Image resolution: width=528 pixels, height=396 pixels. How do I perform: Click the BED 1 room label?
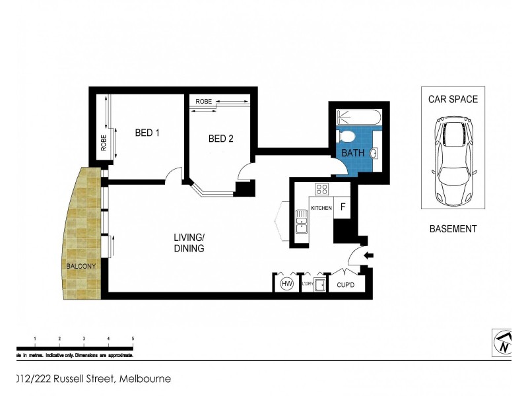pyautogui.click(x=147, y=133)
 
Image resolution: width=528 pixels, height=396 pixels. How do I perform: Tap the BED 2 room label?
pyautogui.click(x=220, y=139)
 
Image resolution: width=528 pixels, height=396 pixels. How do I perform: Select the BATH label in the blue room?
pyautogui.click(x=352, y=153)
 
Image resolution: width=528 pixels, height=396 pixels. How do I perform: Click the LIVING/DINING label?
pyautogui.click(x=189, y=243)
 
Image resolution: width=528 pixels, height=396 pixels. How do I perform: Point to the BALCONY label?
pyautogui.click(x=81, y=266)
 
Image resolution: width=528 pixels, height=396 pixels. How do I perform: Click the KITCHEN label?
pyautogui.click(x=321, y=208)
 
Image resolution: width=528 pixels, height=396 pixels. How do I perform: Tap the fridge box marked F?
pyautogui.click(x=342, y=207)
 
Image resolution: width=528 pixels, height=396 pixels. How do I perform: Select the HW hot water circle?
pyautogui.click(x=286, y=284)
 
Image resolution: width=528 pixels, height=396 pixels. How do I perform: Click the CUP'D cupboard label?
pyautogui.click(x=346, y=285)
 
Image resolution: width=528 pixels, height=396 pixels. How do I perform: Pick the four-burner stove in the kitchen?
pyautogui.click(x=321, y=189)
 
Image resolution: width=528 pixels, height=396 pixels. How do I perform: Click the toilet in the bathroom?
pyautogui.click(x=346, y=137)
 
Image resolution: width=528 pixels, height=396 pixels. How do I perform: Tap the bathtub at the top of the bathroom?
pyautogui.click(x=358, y=118)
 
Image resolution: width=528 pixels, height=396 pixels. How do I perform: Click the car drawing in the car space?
pyautogui.click(x=453, y=161)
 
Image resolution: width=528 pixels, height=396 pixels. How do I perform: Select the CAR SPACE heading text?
pyautogui.click(x=453, y=100)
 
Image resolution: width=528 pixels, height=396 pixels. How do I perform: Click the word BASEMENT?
pyautogui.click(x=453, y=229)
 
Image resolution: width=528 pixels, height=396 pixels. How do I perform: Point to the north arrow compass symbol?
pyautogui.click(x=504, y=342)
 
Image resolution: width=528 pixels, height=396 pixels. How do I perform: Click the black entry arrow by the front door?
pyautogui.click(x=368, y=255)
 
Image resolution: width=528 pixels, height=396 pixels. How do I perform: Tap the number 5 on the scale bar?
pyautogui.click(x=133, y=339)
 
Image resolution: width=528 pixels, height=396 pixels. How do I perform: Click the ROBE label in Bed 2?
pyautogui.click(x=203, y=102)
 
